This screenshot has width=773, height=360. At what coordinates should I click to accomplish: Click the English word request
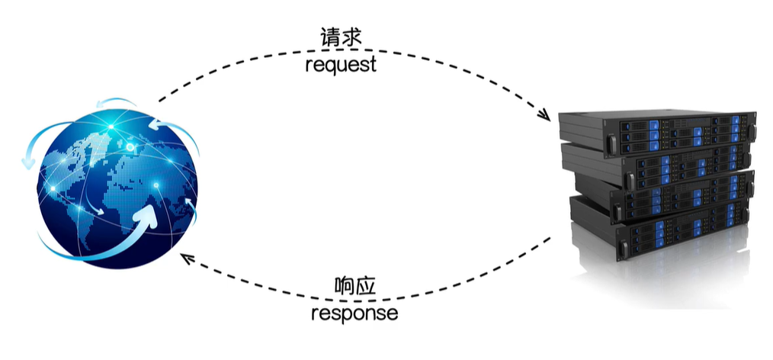[341, 65]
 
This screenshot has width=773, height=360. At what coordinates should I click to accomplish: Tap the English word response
[354, 313]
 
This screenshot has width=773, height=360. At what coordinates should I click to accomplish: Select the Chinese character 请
[329, 38]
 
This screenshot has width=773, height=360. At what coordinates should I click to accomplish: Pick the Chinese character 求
[353, 38]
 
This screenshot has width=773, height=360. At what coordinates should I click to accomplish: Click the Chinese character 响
[344, 287]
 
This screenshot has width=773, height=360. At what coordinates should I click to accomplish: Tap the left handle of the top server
[610, 143]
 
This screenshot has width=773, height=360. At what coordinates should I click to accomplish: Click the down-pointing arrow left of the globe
[29, 160]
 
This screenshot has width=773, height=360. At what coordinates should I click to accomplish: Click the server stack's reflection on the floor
[671, 282]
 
